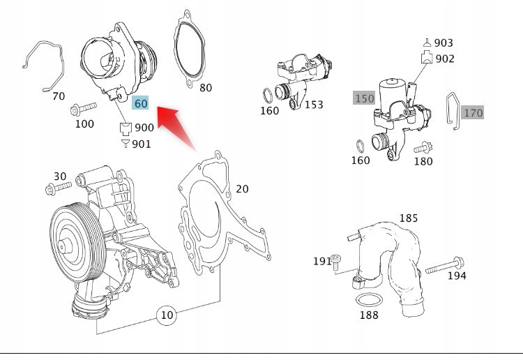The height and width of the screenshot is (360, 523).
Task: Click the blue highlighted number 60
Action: pos(141,103)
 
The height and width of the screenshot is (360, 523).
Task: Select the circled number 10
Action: pos(166,315)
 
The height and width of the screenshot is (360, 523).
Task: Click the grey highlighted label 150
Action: pos(364,98)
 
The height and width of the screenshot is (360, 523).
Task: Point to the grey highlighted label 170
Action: pos(473,112)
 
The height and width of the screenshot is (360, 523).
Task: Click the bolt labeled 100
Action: pos(82,109)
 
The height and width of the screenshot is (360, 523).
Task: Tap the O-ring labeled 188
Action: pos(367,301)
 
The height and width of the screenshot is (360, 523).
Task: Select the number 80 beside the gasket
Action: pos(205,88)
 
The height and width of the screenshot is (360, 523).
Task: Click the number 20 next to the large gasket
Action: pos(241,189)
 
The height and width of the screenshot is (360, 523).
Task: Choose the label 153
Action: pos(314,105)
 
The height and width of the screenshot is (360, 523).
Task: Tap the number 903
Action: pos(444,43)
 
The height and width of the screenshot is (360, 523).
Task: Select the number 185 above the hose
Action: pos(408,218)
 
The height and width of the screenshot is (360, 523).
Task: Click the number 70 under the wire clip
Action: pos(59,96)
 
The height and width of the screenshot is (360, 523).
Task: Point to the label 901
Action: pos(142,144)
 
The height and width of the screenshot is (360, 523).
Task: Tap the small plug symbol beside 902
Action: pos(425,59)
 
